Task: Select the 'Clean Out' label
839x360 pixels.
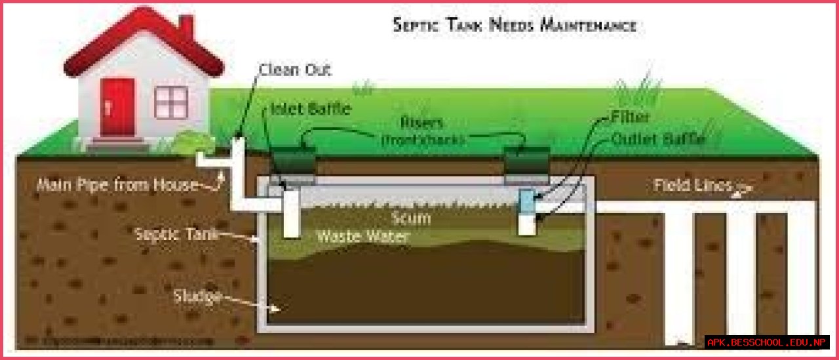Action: coord(295,70)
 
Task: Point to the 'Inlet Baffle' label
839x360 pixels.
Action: coord(311,109)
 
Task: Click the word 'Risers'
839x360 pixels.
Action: coord(421,123)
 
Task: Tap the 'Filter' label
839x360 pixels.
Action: coord(630,117)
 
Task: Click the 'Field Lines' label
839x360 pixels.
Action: coord(692,185)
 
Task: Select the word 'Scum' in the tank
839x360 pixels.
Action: coord(411,218)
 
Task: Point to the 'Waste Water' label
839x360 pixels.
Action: coord(362,236)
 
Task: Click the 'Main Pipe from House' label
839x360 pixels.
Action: coord(117,185)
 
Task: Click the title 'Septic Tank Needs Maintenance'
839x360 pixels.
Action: coord(514,25)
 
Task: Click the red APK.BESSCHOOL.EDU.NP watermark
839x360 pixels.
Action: coord(767,342)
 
